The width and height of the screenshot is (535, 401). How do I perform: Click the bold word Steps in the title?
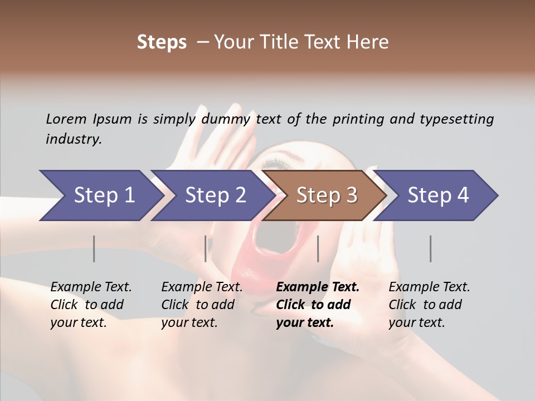click(x=162, y=42)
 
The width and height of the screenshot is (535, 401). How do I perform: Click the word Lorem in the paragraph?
click(x=66, y=119)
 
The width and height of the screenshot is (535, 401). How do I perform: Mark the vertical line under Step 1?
click(x=94, y=248)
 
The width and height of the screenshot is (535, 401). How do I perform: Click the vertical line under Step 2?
click(x=206, y=248)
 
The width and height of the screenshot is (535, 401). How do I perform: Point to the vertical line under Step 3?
click(x=318, y=248)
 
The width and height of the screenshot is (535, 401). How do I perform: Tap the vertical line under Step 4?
click(x=430, y=248)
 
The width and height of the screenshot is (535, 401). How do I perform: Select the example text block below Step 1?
click(x=91, y=305)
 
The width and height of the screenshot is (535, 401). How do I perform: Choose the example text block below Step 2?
click(x=202, y=305)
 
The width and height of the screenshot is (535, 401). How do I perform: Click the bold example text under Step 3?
click(x=318, y=305)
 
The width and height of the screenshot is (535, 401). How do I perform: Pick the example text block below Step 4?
click(x=429, y=305)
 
